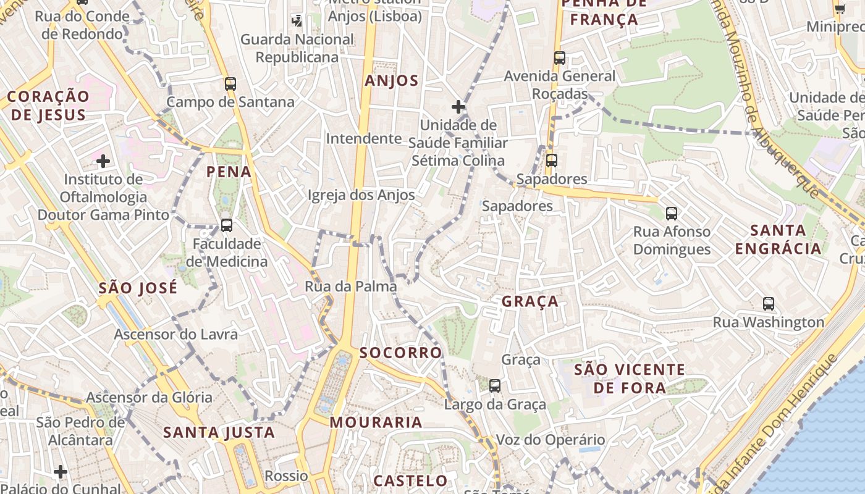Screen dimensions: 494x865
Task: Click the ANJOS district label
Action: pos(392,81)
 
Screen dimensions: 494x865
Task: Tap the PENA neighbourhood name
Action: pos(229,172)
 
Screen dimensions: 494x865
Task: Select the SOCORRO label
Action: pos(401,353)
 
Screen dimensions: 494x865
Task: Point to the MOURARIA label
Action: pos(376,422)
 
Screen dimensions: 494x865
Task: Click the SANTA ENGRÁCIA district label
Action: pos(786,240)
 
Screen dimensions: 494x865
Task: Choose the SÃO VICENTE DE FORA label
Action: pos(630,379)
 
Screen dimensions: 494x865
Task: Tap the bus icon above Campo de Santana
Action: pos(230,84)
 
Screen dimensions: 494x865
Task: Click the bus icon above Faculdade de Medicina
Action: pos(227,225)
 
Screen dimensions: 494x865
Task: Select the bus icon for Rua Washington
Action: pos(769,304)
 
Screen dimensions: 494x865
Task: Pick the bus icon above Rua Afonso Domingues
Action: pos(672,214)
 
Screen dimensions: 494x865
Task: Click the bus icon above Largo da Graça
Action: pos(495,386)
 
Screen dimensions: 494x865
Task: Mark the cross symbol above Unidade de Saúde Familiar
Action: pos(458,107)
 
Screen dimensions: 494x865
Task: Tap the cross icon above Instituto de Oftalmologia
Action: pos(103,162)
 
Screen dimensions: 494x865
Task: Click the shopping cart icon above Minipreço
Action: pos(840,9)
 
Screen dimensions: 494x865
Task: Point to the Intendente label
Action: pos(364,138)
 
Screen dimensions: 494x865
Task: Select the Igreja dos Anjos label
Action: pos(361,195)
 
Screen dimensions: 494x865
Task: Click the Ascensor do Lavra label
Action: pos(175,335)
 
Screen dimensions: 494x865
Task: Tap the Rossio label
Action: pos(286,476)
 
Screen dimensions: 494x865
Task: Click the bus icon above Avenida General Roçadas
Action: pos(560,58)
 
